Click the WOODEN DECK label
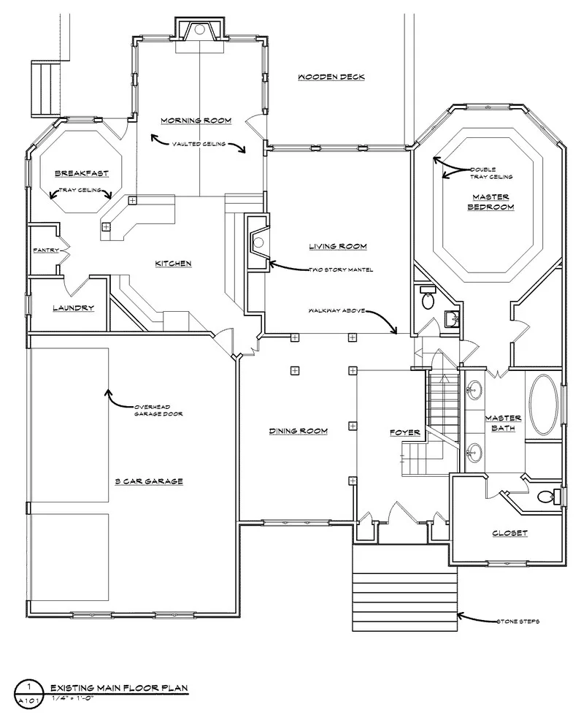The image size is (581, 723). pyautogui.click(x=331, y=77)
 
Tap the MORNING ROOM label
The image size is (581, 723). pyautogui.click(x=196, y=120)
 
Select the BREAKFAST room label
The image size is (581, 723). pyautogui.click(x=82, y=174)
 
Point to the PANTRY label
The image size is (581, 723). pyautogui.click(x=46, y=250)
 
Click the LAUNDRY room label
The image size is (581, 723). pyautogui.click(x=73, y=308)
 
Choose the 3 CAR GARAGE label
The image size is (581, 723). pyautogui.click(x=149, y=481)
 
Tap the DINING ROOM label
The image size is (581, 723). pyautogui.click(x=298, y=431)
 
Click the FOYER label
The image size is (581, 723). pyautogui.click(x=405, y=432)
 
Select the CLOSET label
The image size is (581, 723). pyautogui.click(x=509, y=533)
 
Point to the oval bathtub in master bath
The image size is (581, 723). pyautogui.click(x=544, y=405)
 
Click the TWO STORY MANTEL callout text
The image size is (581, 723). pyautogui.click(x=342, y=269)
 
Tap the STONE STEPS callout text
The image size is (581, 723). pyautogui.click(x=517, y=621)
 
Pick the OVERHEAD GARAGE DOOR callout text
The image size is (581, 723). pyautogui.click(x=158, y=410)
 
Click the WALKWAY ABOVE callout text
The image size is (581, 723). pyautogui.click(x=336, y=311)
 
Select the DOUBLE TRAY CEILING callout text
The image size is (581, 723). pyautogui.click(x=490, y=173)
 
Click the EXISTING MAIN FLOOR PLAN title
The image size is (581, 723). pyautogui.click(x=119, y=689)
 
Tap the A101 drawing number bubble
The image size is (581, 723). pyautogui.click(x=28, y=695)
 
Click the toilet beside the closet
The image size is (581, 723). pyautogui.click(x=549, y=497)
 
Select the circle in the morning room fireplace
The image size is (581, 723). pyautogui.click(x=199, y=29)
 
